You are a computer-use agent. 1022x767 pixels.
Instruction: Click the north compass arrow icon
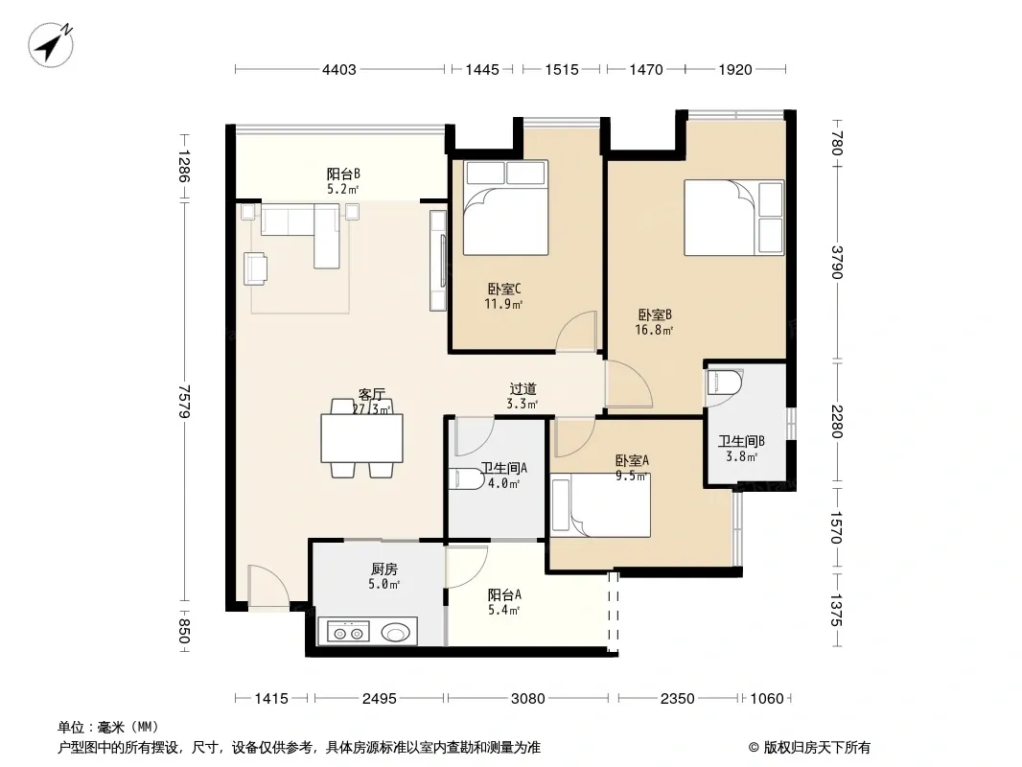click(50, 44)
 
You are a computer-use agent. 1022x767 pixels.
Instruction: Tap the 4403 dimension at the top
click(339, 69)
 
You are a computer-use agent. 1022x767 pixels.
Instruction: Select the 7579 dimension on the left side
click(184, 401)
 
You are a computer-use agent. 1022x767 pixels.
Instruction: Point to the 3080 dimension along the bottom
click(527, 699)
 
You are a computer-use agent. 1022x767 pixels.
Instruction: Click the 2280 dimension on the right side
click(837, 422)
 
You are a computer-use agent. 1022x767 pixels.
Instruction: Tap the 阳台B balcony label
click(343, 174)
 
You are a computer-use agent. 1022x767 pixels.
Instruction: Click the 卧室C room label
click(504, 289)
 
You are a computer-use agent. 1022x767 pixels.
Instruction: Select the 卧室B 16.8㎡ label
click(655, 322)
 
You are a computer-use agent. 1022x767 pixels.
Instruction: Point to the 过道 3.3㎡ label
click(523, 396)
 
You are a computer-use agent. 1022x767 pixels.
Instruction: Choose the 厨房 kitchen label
click(384, 569)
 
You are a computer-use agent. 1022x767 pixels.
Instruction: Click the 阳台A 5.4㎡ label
click(504, 602)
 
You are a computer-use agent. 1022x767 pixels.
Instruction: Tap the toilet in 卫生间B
click(725, 383)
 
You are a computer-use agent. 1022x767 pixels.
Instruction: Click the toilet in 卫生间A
click(468, 479)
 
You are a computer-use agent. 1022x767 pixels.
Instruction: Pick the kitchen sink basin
click(396, 632)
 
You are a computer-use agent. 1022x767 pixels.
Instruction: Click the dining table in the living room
click(361, 438)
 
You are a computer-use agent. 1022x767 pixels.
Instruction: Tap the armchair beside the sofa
click(255, 268)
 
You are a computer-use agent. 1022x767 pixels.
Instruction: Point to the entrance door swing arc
click(268, 587)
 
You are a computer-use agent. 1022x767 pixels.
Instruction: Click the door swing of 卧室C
click(576, 333)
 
